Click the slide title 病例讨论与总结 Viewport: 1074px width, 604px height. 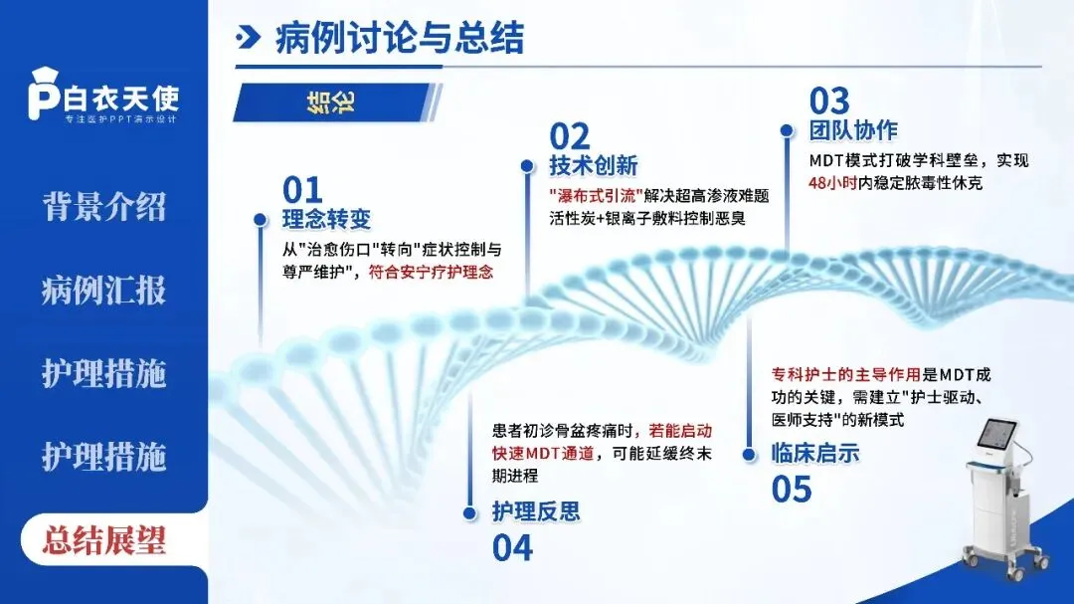399,40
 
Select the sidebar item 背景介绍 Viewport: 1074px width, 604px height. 103,207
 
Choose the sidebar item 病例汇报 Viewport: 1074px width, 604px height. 103,291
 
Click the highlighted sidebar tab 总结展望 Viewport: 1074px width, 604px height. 103,540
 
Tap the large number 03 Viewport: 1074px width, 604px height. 829,101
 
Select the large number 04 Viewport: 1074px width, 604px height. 513,547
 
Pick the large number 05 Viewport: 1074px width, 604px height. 792,489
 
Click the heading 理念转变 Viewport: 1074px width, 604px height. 327,220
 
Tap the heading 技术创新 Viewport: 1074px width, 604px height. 594,165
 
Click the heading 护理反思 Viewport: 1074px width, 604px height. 536,512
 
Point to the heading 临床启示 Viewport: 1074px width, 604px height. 815,454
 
